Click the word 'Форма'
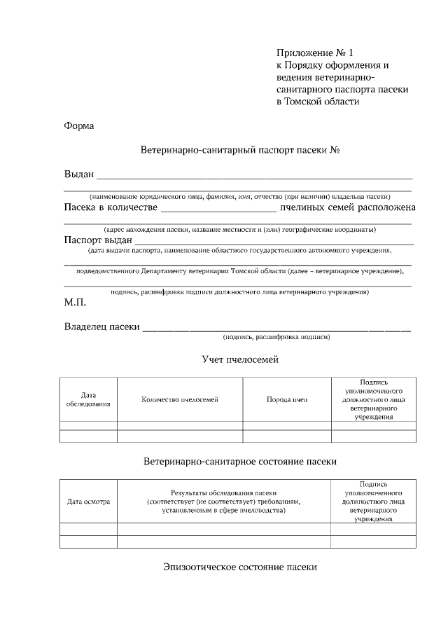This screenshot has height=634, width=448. pos(78,126)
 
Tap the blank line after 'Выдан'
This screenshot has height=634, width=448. pos(254,176)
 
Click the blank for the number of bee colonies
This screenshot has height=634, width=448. pos(218,208)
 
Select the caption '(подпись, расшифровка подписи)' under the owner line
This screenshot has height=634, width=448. pos(276,337)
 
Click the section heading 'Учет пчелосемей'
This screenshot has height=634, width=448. pos(239,360)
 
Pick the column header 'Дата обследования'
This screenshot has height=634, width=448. pos(88,399)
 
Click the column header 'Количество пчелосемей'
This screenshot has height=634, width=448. pos(180,399)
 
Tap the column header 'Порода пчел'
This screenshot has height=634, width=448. pos(286,399)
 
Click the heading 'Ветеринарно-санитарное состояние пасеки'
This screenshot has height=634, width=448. pos(240,462)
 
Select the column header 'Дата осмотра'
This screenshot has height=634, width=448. pos(88,502)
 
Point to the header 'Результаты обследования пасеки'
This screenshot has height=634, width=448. pos(223,492)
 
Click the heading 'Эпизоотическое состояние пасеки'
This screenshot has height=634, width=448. pos(240,566)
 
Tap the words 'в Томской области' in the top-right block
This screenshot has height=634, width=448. pos(318,102)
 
